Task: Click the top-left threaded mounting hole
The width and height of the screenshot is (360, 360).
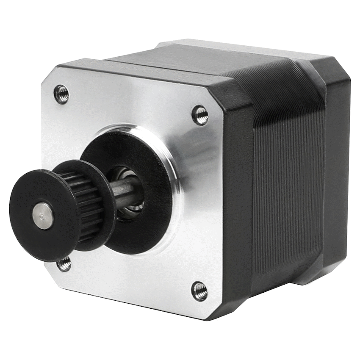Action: (61, 94)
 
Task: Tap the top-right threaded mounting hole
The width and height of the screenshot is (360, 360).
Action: (200, 115)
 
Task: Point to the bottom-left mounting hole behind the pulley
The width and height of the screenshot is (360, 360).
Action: (64, 264)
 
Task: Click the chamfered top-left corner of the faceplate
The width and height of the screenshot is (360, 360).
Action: (51, 74)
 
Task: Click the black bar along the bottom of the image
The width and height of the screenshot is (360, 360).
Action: (180, 345)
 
